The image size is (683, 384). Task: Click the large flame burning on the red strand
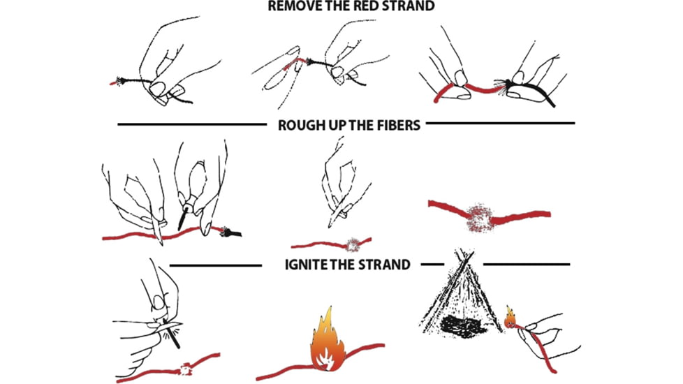pos(327,341)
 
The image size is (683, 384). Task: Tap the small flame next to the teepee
pos(511,318)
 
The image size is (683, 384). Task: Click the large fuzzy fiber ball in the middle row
pos(479,218)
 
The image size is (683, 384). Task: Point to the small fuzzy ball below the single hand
pos(353,244)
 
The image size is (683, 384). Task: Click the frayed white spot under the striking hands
pos(186,369)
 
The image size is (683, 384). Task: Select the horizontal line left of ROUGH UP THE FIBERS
pos(192,124)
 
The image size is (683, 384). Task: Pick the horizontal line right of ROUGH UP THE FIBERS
pos(501,123)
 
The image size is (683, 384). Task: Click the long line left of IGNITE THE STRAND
pos(216,265)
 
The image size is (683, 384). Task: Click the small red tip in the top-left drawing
pos(114,82)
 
